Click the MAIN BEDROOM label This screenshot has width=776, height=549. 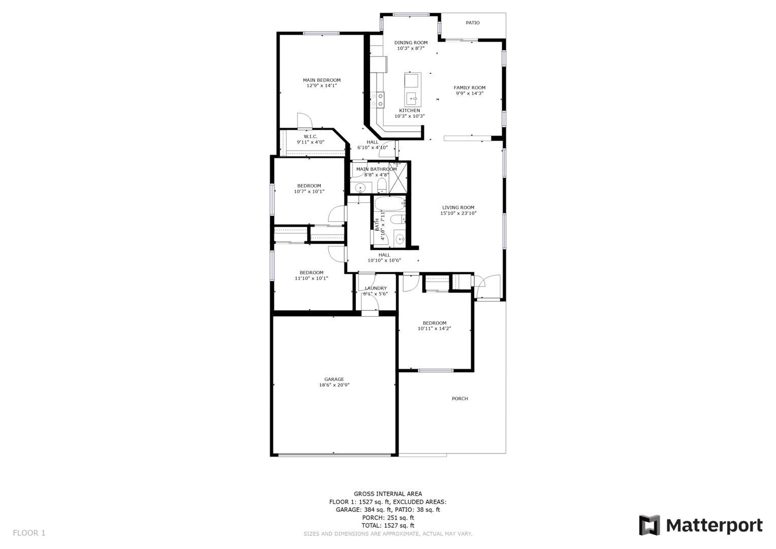pos(322,80)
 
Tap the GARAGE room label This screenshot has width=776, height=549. pos(334,379)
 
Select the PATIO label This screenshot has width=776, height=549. pos(473,23)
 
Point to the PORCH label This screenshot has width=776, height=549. pos(460,399)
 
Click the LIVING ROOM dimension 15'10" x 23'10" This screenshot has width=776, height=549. pos(458,213)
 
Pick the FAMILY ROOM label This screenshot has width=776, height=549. pos(470,87)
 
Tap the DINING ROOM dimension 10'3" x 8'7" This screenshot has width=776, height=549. pos(411,49)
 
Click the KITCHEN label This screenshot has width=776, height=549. pos(410,110)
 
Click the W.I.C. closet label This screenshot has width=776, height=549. pos(311,136)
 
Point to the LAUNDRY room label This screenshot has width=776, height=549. pos(376,288)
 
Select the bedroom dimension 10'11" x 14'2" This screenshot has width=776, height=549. pos(434,329)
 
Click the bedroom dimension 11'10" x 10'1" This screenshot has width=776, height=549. pos(312,279)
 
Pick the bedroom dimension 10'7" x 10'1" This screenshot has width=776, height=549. pos(309,192)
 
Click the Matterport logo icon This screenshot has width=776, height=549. pos(649,525)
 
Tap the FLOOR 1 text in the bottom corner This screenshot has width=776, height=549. pos(29,533)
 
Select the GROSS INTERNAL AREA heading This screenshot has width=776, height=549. pos(388,494)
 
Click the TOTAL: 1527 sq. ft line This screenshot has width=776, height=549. pos(388,526)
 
